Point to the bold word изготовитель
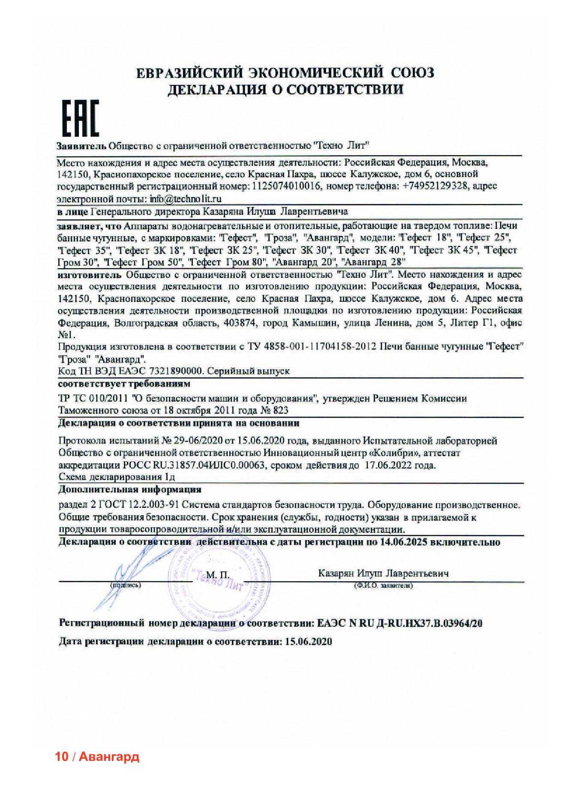click(90, 274)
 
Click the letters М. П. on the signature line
click(218, 574)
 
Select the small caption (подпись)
click(125, 585)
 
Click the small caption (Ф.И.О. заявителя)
click(383, 586)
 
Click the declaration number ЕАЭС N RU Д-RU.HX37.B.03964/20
click(400, 623)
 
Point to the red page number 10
click(62, 757)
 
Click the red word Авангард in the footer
click(109, 757)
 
